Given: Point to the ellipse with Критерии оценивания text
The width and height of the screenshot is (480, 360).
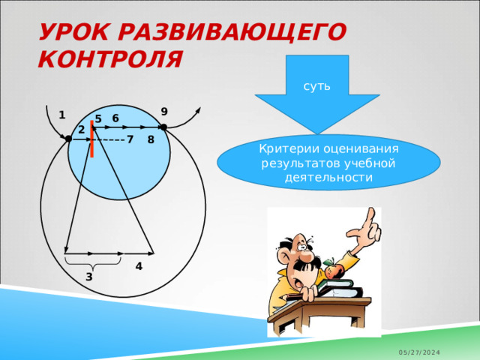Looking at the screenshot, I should pos(328,162).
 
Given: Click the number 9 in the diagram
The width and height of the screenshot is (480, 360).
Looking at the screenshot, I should pos(163,112).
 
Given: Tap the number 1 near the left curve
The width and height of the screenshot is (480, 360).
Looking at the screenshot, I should pos(61,115).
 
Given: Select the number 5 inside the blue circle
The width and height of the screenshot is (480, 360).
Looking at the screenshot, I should pos(98,119).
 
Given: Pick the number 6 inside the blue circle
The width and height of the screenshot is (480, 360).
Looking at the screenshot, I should pos(115,118).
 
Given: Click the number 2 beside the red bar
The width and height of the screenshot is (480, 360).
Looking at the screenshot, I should pos(80,130).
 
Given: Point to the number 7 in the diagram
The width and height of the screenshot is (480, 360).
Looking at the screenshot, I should pos(130,139).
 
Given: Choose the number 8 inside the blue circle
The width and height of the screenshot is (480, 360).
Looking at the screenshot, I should pos(151,139).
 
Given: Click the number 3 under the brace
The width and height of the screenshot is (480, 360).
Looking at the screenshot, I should pos(88,277).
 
